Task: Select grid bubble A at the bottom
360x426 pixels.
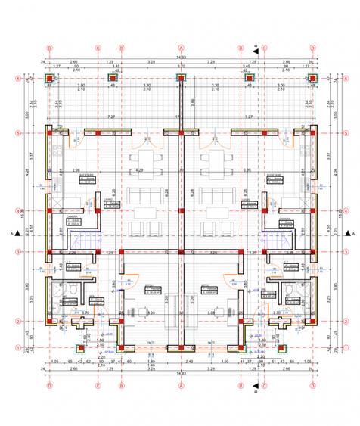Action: click(182, 385)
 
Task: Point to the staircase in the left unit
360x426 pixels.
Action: click(82, 241)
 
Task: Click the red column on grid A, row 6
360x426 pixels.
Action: click(182, 77)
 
